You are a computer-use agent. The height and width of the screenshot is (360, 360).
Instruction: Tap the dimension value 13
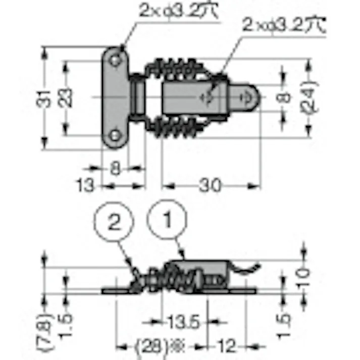86,185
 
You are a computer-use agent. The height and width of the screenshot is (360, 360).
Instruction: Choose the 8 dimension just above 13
115,169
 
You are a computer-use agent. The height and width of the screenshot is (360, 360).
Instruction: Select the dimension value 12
228,346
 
